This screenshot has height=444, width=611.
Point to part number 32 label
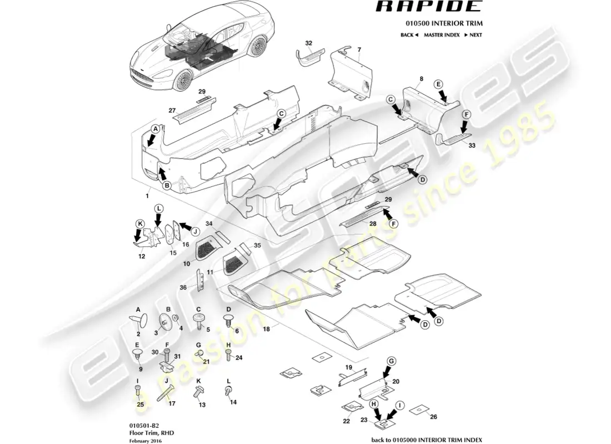pyautogui.click(x=309, y=43)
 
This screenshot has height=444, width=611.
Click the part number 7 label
pyautogui.click(x=359, y=50)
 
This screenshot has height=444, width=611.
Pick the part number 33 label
pyautogui.click(x=472, y=145)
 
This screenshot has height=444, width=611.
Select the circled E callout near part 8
pyautogui.click(x=438, y=84)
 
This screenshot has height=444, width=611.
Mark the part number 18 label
pyautogui.click(x=267, y=329)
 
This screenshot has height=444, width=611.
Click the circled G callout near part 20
pyautogui.click(x=392, y=361)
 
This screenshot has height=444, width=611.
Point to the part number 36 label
pyautogui.click(x=183, y=287)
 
